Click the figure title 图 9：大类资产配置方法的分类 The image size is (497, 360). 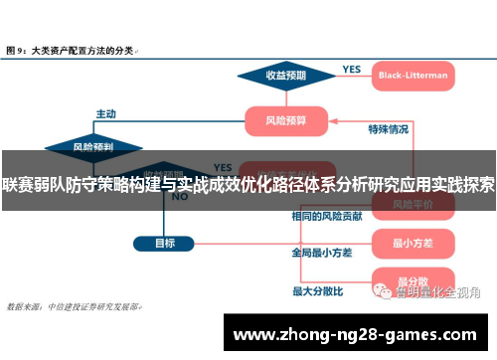pyautogui.click(x=72, y=48)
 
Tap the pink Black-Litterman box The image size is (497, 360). pyautogui.click(x=413, y=75)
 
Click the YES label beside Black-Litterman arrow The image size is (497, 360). pyautogui.click(x=351, y=69)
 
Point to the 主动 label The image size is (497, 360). pyautogui.click(x=105, y=112)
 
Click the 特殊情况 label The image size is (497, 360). pyautogui.click(x=388, y=129)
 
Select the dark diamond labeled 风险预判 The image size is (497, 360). pyautogui.click(x=93, y=146)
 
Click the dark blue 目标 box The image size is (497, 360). pyautogui.click(x=165, y=242)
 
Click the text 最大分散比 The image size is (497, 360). pyautogui.click(x=317, y=291)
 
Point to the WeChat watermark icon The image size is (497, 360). pyautogui.click(x=381, y=292)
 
